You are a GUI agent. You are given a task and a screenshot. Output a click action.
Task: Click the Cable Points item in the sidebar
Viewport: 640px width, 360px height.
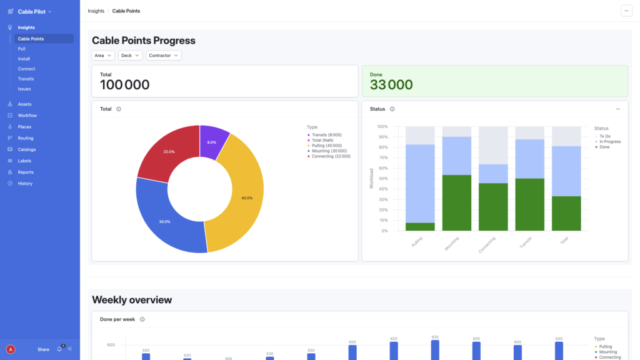[x=31, y=39]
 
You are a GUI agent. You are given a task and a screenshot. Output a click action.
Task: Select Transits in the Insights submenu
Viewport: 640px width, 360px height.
[x=26, y=79]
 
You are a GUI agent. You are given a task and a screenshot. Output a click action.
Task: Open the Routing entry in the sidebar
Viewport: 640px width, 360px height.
[x=26, y=138]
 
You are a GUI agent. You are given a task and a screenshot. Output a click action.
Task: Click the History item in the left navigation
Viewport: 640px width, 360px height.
[x=25, y=183]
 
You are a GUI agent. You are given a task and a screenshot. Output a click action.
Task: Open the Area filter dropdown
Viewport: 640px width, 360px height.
[x=104, y=56]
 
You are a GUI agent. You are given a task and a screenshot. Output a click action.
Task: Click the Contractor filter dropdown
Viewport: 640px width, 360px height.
[x=164, y=56]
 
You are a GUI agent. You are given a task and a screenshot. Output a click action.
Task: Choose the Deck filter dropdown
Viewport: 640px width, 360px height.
[x=130, y=56]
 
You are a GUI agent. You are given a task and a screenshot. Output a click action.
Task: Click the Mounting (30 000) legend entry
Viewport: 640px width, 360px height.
[x=330, y=151]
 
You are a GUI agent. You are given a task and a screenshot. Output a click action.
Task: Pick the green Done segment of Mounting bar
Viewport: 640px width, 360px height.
[x=457, y=202]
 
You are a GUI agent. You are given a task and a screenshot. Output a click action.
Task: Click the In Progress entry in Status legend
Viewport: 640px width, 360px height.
[x=609, y=141]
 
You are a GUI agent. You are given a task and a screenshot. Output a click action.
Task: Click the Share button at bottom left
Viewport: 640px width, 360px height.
[x=43, y=349]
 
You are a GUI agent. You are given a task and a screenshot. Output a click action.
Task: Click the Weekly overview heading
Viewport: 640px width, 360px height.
[x=132, y=300]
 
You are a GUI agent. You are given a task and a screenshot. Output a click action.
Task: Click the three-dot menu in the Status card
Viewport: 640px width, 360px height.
[x=617, y=109]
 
